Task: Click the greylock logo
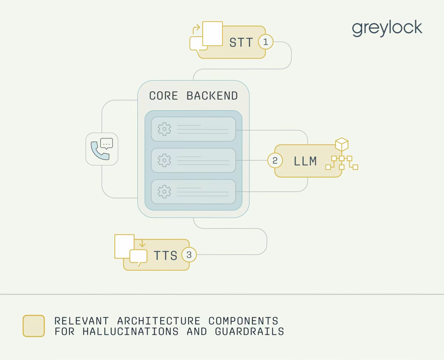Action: pos(387,29)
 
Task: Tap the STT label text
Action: pos(241,42)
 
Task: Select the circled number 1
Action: pos(266,42)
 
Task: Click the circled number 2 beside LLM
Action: pos(275,160)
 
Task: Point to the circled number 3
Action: pos(189,255)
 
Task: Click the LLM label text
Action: pos(305,161)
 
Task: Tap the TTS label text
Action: pos(166,255)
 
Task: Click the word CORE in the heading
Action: pos(163,96)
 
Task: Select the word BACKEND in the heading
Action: pos(212,96)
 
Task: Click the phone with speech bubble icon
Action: pos(102,149)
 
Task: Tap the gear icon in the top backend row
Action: pos(164,129)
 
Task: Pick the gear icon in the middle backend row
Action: pos(164,160)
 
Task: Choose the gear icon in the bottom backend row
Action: pos(164,191)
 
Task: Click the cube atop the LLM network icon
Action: pos(342,144)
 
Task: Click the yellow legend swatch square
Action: pos(34,326)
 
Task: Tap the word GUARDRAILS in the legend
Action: pos(250,332)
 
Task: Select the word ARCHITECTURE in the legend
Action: pos(159,321)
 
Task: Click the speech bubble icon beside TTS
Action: pos(138,257)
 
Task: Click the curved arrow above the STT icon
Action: pos(196,29)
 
